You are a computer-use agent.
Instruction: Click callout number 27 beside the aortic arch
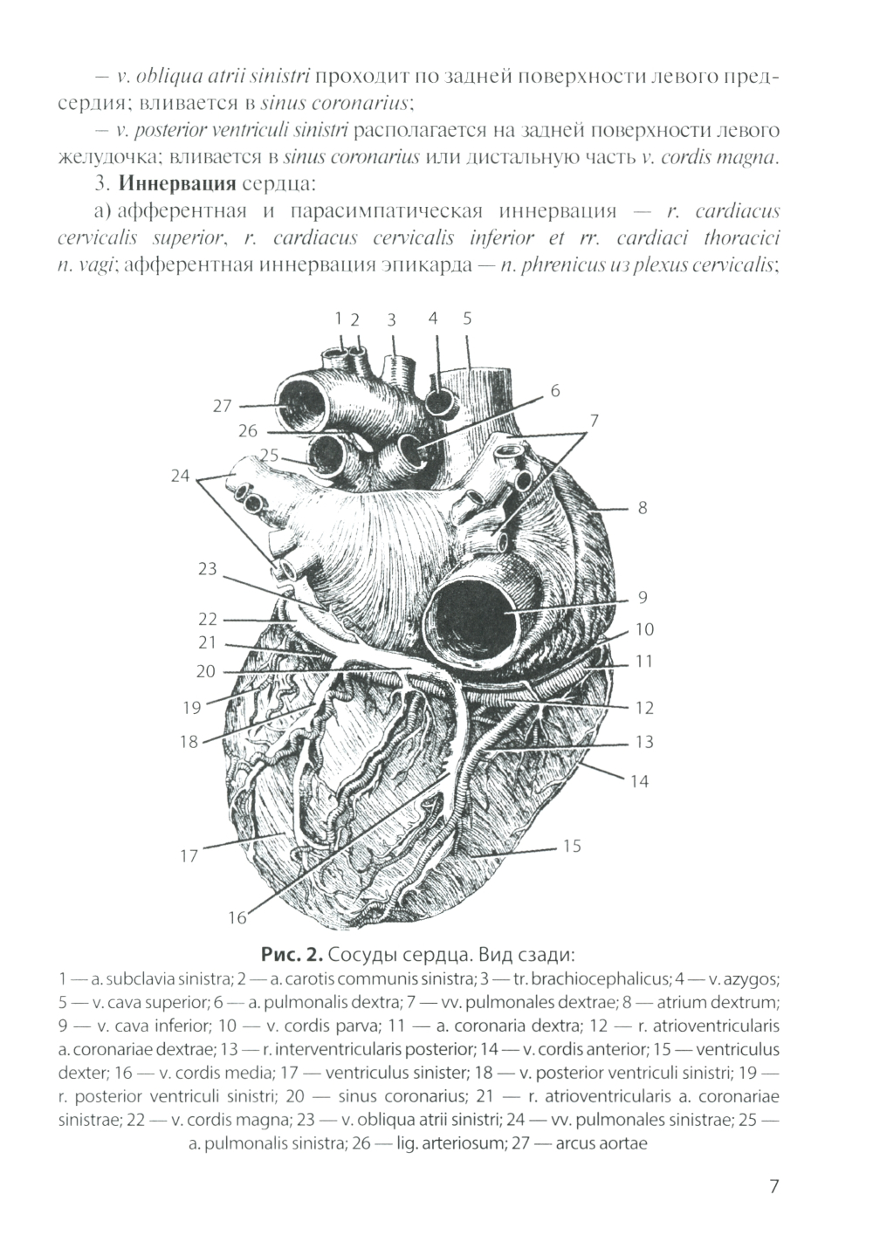223,406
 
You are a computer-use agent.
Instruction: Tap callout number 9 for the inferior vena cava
643,598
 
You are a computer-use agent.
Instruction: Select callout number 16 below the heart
237,917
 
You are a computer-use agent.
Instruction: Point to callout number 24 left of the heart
180,476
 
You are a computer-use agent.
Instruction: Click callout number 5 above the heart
467,319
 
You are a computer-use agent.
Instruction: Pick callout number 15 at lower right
572,846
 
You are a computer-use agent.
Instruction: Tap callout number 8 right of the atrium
643,507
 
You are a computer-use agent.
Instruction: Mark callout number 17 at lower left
189,856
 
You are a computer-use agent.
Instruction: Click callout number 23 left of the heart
207,569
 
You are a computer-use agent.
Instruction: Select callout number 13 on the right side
644,742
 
